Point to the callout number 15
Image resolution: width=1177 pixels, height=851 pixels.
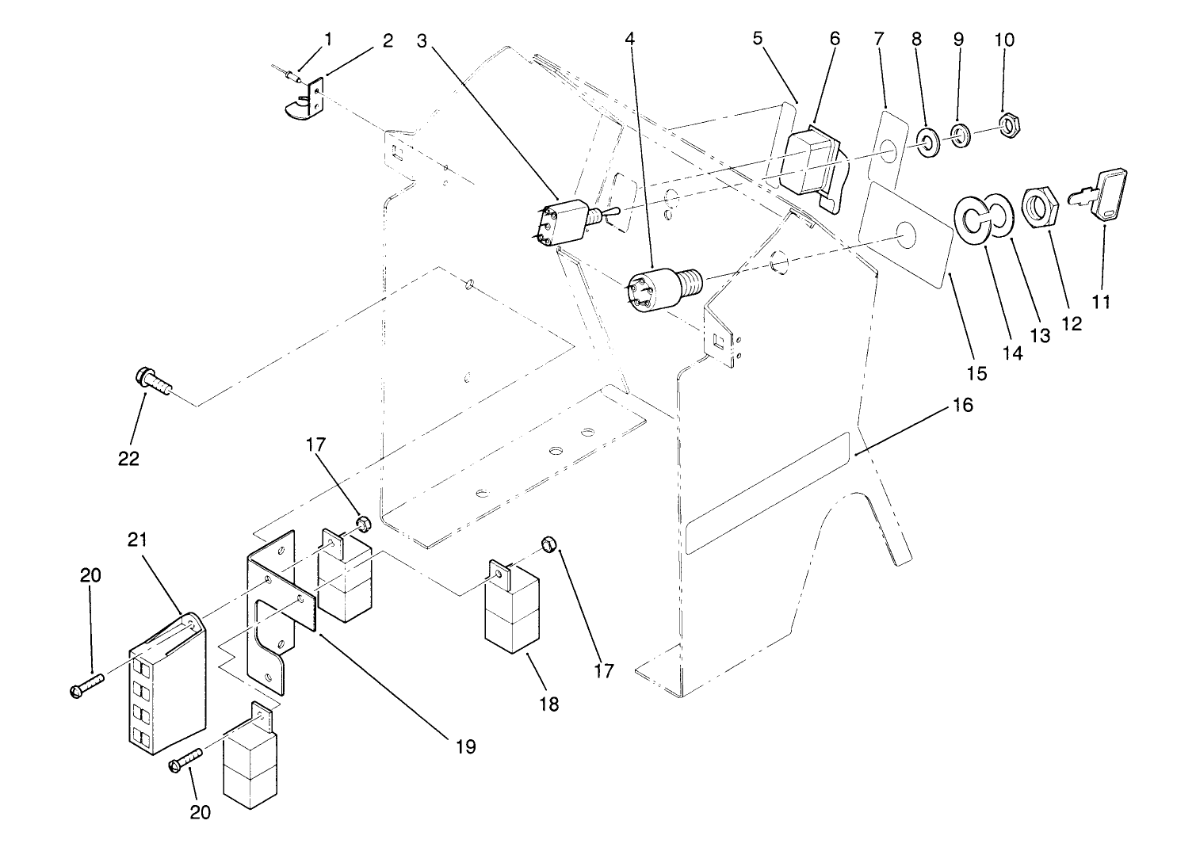pyautogui.click(x=976, y=372)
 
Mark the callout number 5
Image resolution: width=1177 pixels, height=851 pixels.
pyautogui.click(x=759, y=38)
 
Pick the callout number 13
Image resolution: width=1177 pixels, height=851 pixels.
pyautogui.click(x=1040, y=335)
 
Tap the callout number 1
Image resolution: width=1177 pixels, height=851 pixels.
pyautogui.click(x=328, y=38)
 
